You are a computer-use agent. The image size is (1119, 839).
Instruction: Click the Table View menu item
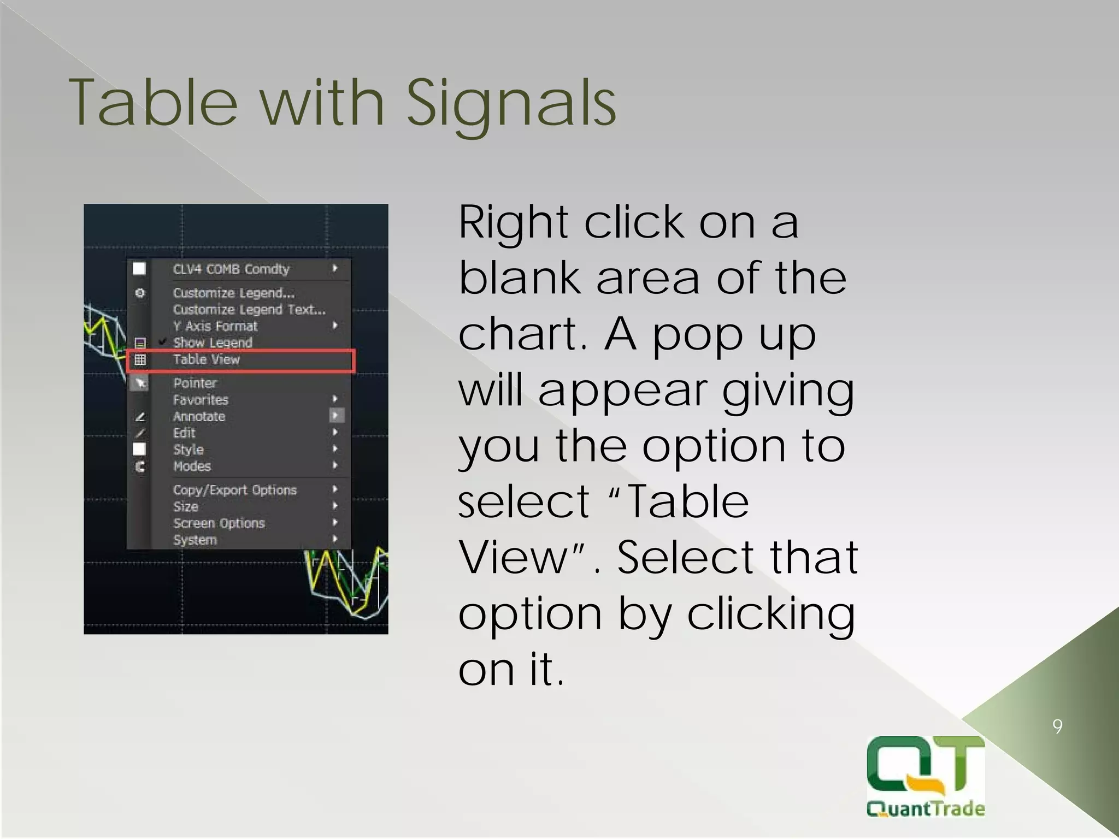click(x=207, y=359)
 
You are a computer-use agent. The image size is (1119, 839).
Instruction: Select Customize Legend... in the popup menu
click(x=233, y=293)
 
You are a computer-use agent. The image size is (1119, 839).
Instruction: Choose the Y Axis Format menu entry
click(x=215, y=326)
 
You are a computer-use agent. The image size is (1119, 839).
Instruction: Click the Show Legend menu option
click(x=213, y=342)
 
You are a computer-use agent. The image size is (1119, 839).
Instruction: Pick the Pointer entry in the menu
click(x=195, y=383)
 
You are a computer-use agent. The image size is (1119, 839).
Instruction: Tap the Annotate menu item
click(x=199, y=417)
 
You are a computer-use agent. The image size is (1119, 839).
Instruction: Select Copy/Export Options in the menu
click(x=235, y=490)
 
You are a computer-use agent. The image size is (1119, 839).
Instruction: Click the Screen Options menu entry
click(x=219, y=523)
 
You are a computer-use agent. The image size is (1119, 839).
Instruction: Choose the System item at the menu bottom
click(x=195, y=540)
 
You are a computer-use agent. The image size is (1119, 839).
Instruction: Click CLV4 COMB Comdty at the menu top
click(x=231, y=269)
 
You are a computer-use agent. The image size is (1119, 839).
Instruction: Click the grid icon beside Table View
click(x=140, y=359)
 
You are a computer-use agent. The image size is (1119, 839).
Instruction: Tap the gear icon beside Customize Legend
click(x=140, y=293)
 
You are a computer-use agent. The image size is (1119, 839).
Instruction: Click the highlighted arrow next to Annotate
click(x=336, y=416)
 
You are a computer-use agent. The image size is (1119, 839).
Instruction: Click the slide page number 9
click(x=1057, y=726)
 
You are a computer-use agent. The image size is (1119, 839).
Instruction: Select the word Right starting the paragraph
click(x=513, y=223)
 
